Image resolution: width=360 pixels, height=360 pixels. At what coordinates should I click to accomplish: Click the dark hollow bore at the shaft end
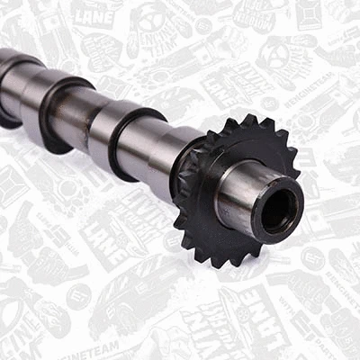281,211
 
